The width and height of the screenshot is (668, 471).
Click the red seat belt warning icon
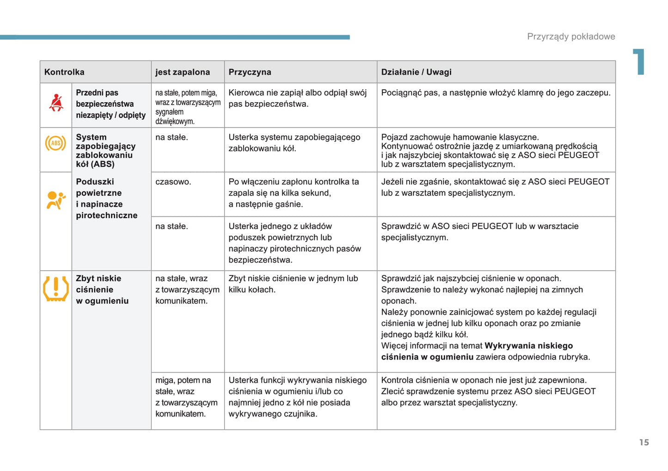(x=56, y=103)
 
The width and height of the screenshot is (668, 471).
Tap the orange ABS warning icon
(x=55, y=143)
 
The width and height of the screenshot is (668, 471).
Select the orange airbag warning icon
(x=56, y=200)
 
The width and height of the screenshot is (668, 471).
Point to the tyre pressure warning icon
(x=56, y=288)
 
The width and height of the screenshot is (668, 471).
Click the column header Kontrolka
(x=64, y=72)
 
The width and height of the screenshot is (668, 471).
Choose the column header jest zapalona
(x=183, y=72)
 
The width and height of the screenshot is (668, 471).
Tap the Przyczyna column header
(x=250, y=72)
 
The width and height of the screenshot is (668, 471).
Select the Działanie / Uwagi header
(x=416, y=72)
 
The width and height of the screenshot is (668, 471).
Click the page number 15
(x=644, y=442)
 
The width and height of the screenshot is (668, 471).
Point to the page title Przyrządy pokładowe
(x=571, y=37)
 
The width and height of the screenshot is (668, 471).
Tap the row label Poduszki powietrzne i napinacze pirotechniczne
(x=107, y=199)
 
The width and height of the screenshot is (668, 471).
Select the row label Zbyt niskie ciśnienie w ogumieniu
(x=102, y=290)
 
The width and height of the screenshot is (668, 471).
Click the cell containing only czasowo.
(x=173, y=182)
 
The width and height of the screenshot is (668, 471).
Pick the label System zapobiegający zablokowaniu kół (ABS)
(x=105, y=151)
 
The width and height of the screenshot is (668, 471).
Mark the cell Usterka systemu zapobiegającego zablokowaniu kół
(x=294, y=143)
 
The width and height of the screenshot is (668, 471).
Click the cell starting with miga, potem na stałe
(x=186, y=397)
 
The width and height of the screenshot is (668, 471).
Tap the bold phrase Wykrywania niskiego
(x=528, y=346)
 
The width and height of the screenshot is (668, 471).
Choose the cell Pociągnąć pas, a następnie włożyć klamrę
(x=496, y=93)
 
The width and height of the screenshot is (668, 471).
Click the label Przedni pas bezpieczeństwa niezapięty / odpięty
(x=110, y=104)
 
